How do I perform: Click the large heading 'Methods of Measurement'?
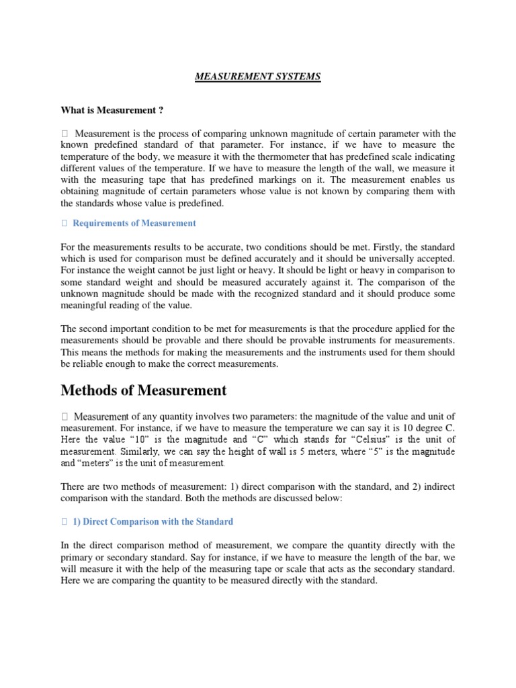[144, 390]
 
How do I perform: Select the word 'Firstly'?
[379, 247]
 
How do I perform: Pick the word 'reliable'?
[95, 363]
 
